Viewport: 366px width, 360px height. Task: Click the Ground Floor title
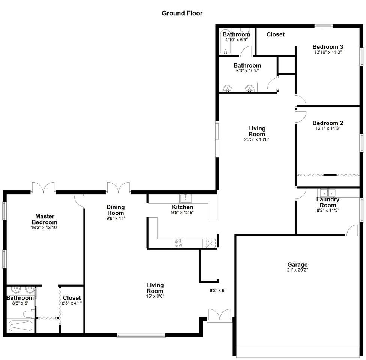[182, 13]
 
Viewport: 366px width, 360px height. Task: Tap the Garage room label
[297, 264]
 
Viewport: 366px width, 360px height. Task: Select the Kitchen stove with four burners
[178, 243]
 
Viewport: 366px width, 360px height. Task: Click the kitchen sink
[185, 199]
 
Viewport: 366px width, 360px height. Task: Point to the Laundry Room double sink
[328, 193]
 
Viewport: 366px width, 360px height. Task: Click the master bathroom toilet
[29, 314]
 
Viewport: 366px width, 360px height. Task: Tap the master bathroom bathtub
[20, 325]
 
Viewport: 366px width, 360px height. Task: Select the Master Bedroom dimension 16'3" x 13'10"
[45, 228]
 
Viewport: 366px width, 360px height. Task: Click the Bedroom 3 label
[328, 47]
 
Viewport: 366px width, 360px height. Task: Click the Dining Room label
[115, 210]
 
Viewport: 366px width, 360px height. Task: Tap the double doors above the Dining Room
[118, 188]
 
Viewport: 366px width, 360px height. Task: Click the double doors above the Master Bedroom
[43, 188]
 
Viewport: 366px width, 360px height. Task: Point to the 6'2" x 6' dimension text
[217, 291]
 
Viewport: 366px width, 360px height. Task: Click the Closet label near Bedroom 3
[276, 34]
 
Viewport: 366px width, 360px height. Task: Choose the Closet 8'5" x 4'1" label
[72, 300]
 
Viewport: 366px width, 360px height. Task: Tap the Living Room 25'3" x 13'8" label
[257, 134]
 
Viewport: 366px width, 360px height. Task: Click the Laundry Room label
[328, 202]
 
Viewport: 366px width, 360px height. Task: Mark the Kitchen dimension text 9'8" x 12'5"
[183, 213]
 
